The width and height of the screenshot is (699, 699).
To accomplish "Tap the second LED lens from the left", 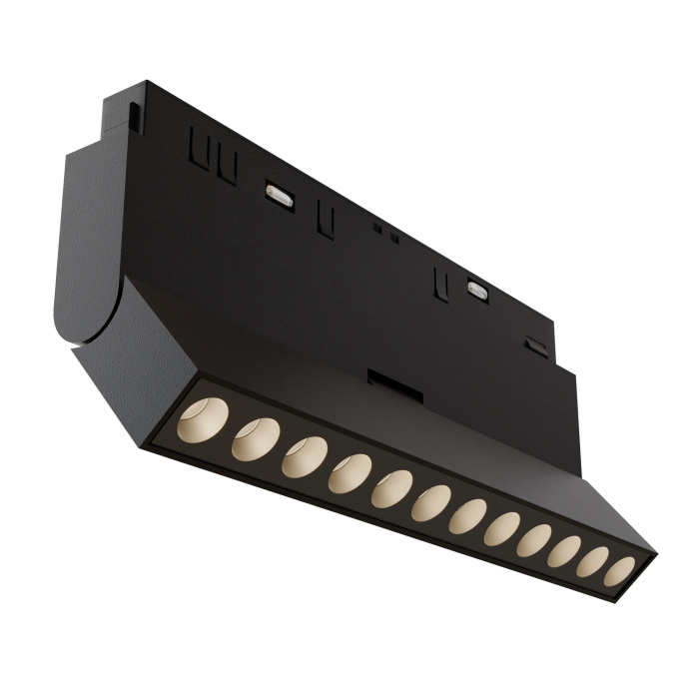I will pos(255,437).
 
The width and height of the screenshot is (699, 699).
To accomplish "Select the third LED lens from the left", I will pos(303,457).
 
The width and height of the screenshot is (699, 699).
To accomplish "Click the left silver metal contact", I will pos(278,194).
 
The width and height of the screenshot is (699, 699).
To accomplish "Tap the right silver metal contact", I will pos(477,290).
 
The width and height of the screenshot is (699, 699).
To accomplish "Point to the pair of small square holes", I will pos(384,232).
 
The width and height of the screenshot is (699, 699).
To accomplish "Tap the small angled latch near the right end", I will pos(538,346).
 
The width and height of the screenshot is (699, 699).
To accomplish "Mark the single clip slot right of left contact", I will pos(324,219).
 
